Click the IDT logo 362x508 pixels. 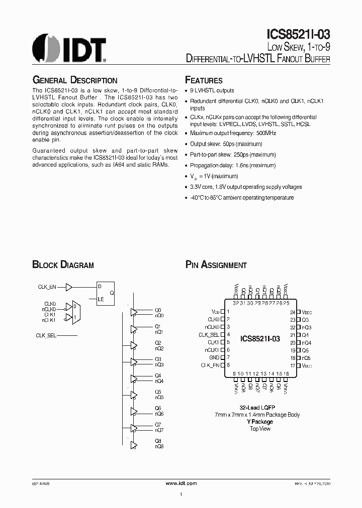tap(69, 48)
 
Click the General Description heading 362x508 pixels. tap(74, 80)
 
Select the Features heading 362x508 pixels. tap(204, 80)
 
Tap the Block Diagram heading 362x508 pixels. tap(63, 265)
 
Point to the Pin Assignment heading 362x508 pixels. tap(216, 265)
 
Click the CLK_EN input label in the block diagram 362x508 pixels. tap(47, 287)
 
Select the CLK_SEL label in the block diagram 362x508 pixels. tap(46, 335)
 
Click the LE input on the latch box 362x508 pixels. tap(101, 299)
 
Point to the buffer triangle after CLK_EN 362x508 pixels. tap(69, 287)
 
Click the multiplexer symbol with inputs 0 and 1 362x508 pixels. tap(75, 312)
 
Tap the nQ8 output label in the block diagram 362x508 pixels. tap(159, 446)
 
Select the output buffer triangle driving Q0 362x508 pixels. tap(133, 313)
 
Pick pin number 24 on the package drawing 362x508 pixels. tap(292, 312)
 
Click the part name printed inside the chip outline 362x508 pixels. tap(259, 339)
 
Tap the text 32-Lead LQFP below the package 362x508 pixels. tap(257, 407)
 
